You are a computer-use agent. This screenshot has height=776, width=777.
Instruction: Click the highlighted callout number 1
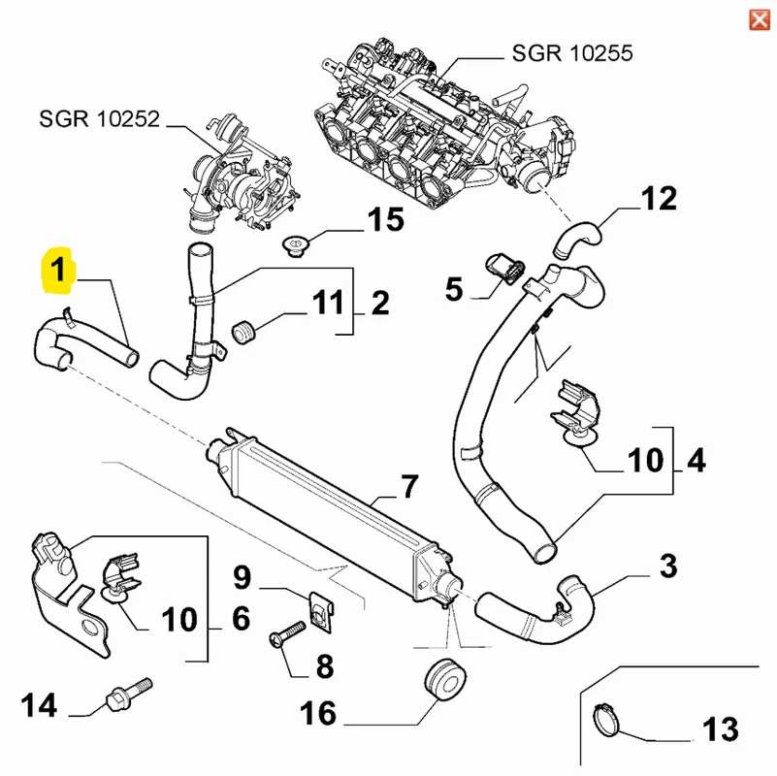(x=59, y=269)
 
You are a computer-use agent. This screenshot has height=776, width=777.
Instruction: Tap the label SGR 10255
(x=572, y=51)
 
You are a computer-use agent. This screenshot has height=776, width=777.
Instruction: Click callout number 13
(x=720, y=727)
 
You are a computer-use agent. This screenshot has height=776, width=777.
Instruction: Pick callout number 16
(x=318, y=715)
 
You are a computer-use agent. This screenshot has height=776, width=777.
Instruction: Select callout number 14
(x=41, y=705)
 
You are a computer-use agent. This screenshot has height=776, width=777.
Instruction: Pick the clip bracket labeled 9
(x=315, y=609)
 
